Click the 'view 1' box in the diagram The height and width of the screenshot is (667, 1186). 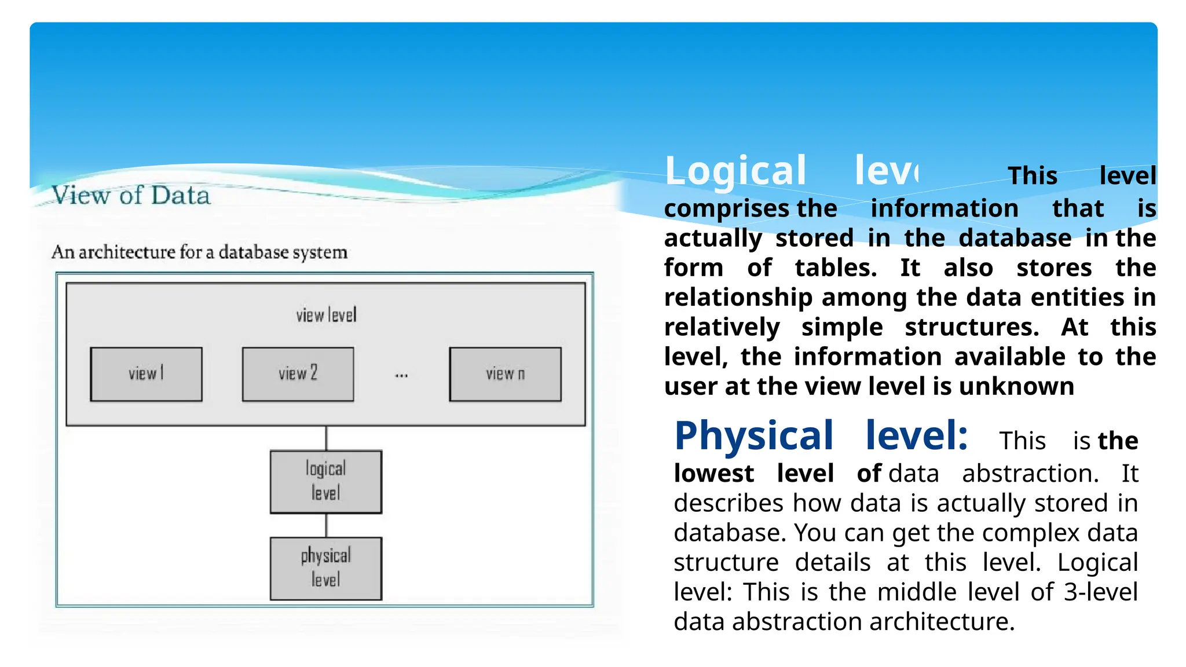click(x=146, y=374)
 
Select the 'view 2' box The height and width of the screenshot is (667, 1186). click(x=298, y=374)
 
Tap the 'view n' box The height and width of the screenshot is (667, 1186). click(x=505, y=374)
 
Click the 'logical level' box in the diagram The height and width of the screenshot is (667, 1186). click(x=325, y=481)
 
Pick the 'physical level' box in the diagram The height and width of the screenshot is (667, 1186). click(x=325, y=568)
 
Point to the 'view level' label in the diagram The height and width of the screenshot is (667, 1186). click(x=326, y=316)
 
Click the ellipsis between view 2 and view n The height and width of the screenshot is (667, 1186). click(x=401, y=376)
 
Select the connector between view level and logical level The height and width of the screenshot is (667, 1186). click(x=326, y=438)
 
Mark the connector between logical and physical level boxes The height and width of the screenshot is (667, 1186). click(x=326, y=525)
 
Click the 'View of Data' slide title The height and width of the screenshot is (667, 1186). click(x=131, y=196)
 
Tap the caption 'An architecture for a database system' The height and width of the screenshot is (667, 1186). click(x=199, y=252)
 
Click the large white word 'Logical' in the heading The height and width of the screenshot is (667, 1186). click(x=735, y=171)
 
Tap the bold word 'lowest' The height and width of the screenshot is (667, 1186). click(x=713, y=474)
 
